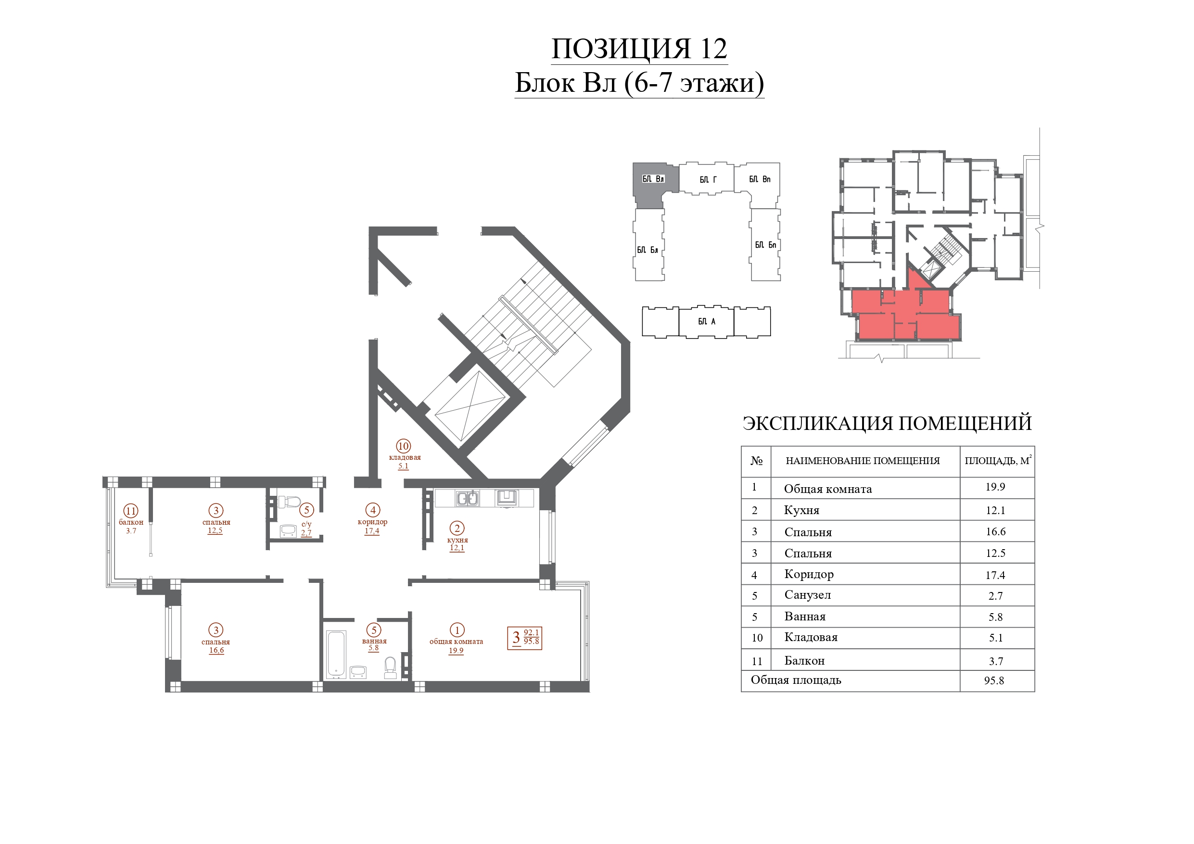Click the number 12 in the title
[713, 49]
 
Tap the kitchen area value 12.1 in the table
[995, 510]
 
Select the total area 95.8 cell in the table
[994, 680]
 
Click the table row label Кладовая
[811, 638]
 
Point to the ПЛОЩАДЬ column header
[997, 461]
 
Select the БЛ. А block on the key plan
[706, 321]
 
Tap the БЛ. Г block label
[708, 179]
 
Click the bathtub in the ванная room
[336, 654]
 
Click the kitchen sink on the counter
[468, 498]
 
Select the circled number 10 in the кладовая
[404, 446]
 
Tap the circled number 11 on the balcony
[130, 511]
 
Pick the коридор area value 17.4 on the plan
[372, 531]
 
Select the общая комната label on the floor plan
[456, 642]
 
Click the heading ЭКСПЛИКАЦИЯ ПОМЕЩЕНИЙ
[887, 423]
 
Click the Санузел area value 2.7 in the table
[995, 596]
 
